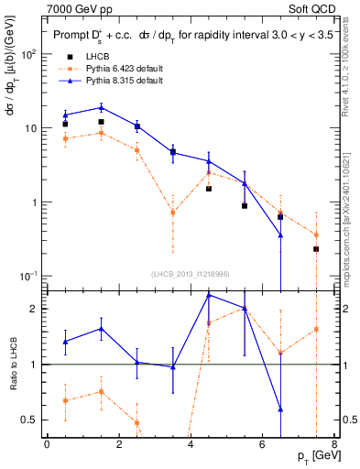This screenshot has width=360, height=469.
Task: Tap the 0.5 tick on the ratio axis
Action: tap(32, 420)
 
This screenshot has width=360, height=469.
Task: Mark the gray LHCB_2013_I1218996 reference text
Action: tap(191, 272)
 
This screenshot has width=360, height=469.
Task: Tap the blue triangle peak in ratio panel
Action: tap(209, 295)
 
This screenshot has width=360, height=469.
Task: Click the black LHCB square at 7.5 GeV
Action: tap(316, 249)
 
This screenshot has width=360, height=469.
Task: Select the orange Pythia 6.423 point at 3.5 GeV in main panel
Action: tap(173, 213)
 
